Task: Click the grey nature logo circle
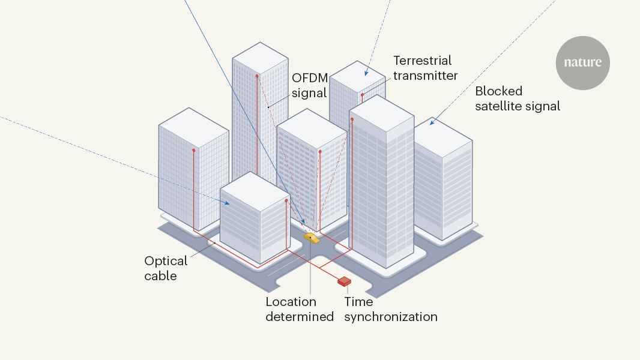(x=582, y=63)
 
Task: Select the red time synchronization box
(x=344, y=280)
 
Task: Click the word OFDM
(x=309, y=78)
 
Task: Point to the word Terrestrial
(x=422, y=61)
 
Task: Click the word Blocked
(x=498, y=91)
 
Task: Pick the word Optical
(x=166, y=261)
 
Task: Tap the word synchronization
(x=390, y=316)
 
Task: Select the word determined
(x=300, y=316)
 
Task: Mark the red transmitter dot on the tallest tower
(x=257, y=76)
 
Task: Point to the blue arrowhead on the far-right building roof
(x=432, y=124)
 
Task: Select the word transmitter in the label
(x=426, y=76)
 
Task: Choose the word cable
(x=161, y=276)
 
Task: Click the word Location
(x=291, y=301)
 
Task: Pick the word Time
(x=358, y=301)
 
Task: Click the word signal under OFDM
(x=309, y=93)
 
